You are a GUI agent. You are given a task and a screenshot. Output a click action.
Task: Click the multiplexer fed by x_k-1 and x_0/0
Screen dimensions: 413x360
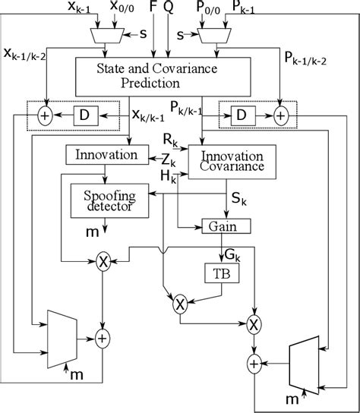[104, 35]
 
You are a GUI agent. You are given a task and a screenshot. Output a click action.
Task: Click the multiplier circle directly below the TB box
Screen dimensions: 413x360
[180, 305]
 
